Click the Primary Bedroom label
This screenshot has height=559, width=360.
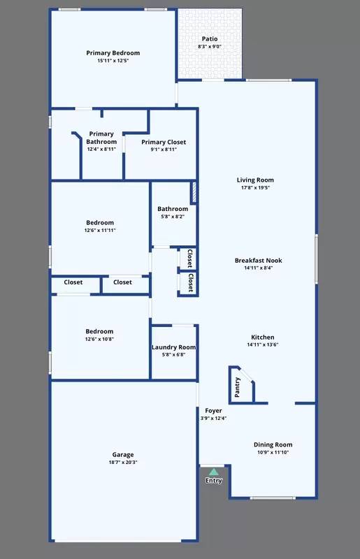click(113, 53)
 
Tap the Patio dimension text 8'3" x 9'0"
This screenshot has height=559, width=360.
click(210, 47)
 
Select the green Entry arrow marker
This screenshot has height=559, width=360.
click(214, 472)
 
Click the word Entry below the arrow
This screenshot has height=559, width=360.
click(214, 480)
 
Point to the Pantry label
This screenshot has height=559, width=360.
click(237, 388)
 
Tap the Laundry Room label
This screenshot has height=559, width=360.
click(173, 347)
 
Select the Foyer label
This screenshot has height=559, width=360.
click(213, 410)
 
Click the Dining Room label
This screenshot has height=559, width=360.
click(273, 444)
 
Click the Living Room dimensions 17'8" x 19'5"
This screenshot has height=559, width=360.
click(255, 188)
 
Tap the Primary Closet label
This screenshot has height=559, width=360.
click(164, 142)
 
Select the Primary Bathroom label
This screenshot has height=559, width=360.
click(101, 138)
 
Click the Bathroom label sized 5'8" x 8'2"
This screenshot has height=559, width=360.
click(173, 209)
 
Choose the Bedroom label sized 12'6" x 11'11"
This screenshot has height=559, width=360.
click(99, 222)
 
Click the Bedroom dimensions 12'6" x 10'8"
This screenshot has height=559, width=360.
click(99, 340)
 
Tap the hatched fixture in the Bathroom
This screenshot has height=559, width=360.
click(194, 193)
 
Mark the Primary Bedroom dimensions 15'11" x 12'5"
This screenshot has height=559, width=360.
click(113, 61)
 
